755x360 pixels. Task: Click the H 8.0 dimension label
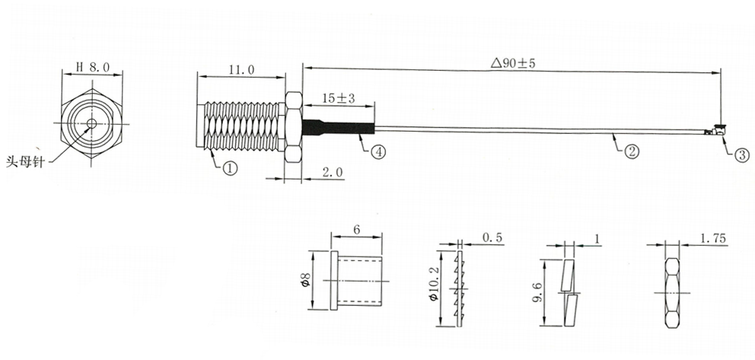(x=93, y=67)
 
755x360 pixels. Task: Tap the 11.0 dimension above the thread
(x=241, y=70)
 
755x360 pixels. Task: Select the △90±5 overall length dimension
(x=513, y=63)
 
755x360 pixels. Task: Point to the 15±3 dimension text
(x=339, y=99)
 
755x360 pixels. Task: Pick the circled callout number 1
(x=230, y=168)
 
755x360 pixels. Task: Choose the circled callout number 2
(x=631, y=151)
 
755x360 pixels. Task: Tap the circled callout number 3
(x=741, y=155)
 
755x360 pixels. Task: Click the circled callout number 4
(x=378, y=152)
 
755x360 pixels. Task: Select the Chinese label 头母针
(x=25, y=162)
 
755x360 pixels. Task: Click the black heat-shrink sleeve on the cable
(x=339, y=128)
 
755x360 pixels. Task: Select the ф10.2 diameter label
(x=433, y=288)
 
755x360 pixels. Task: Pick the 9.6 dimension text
(x=537, y=292)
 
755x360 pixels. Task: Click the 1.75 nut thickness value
(x=713, y=239)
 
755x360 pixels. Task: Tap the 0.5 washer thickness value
(x=492, y=237)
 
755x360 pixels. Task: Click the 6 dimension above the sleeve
(x=356, y=230)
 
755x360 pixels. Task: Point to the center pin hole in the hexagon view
(x=91, y=123)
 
